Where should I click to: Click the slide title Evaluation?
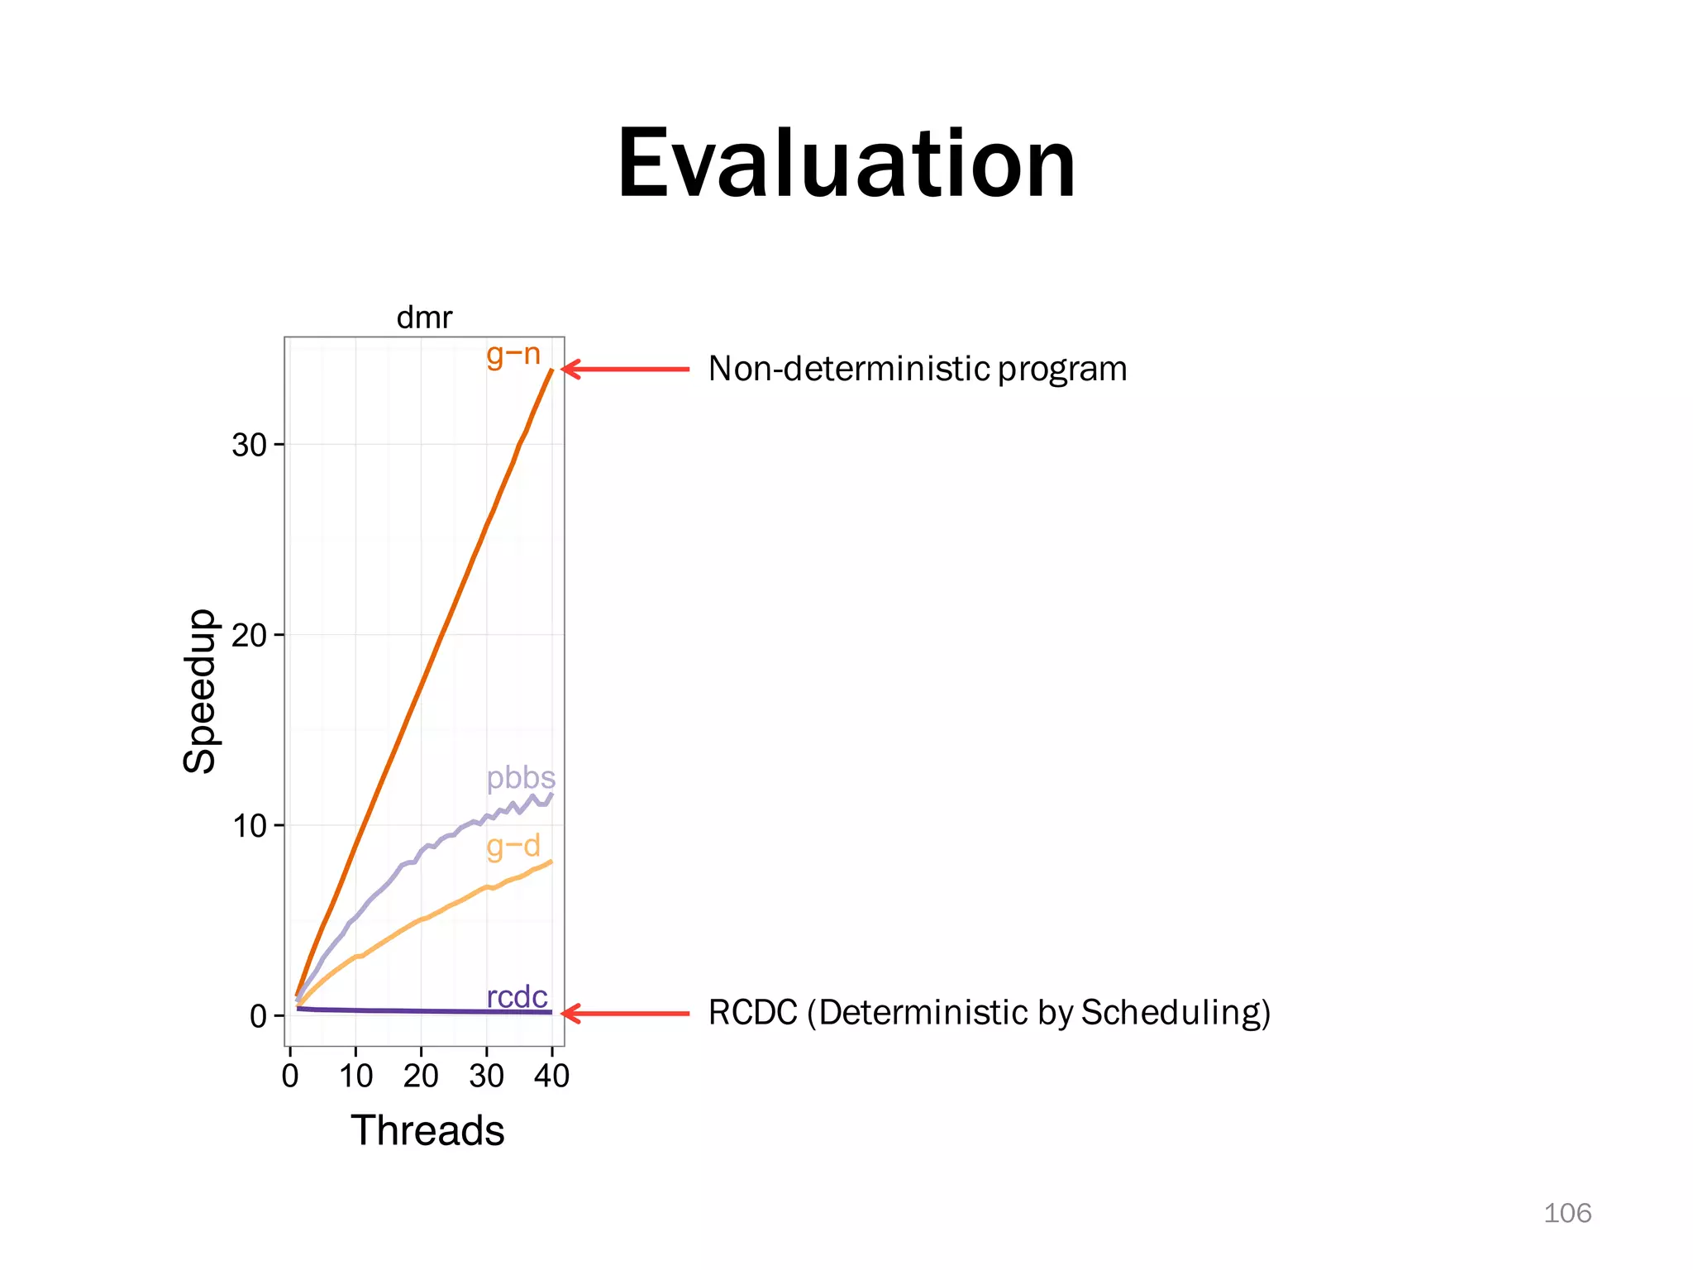[846, 164]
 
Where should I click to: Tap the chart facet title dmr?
[424, 317]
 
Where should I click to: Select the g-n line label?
[513, 355]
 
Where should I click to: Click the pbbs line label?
[521, 778]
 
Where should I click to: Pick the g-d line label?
[513, 846]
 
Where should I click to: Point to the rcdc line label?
[517, 997]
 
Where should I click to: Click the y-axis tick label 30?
[249, 446]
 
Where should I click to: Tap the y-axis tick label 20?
[249, 636]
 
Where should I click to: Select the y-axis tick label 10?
[249, 826]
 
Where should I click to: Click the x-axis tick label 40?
[551, 1077]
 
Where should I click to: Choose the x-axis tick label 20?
[421, 1077]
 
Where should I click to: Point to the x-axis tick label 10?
[355, 1077]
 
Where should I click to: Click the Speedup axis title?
[199, 691]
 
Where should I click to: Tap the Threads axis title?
[427, 1130]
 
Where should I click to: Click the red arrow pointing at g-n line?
[625, 369]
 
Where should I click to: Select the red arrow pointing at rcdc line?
[625, 1013]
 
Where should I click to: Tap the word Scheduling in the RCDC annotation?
[1171, 1013]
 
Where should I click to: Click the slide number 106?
[1567, 1213]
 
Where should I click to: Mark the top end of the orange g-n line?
[551, 370]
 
